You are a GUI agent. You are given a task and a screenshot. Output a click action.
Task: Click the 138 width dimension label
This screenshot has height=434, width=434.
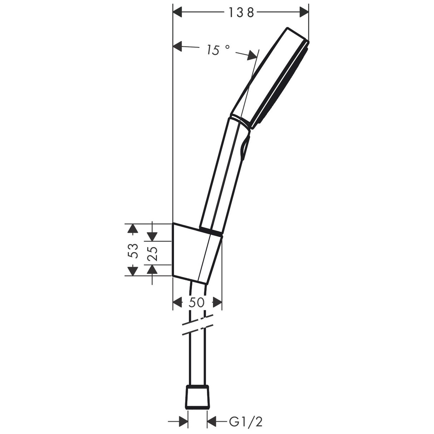(x=241, y=13)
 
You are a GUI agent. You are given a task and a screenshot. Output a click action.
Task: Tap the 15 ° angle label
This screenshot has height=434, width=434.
(x=217, y=50)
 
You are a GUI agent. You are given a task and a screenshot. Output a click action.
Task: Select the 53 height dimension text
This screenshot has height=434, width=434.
(x=133, y=250)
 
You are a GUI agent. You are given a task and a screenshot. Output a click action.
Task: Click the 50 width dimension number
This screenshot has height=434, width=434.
(x=197, y=302)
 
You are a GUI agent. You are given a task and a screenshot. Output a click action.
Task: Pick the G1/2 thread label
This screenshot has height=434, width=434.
(x=246, y=422)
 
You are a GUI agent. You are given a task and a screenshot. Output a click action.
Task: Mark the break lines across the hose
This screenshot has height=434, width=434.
(x=197, y=325)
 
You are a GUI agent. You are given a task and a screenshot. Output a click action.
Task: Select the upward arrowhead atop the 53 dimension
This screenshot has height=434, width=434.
(x=133, y=229)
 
